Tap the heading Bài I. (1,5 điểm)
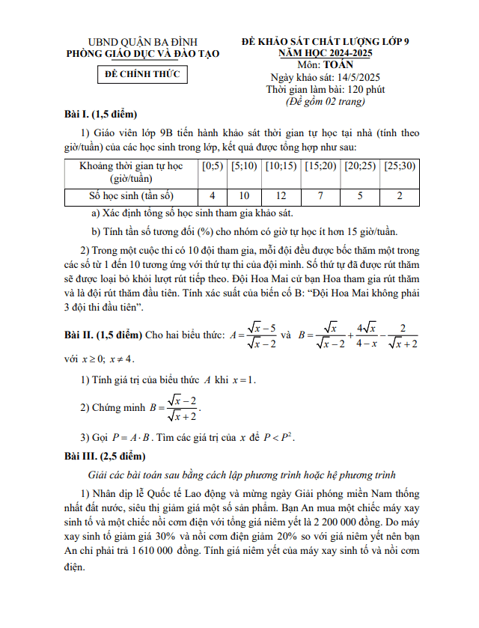pos(101,115)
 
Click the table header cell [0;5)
pos(213,165)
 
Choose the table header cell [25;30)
pos(399,165)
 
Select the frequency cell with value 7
pos(320,195)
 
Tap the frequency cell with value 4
pos(213,195)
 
